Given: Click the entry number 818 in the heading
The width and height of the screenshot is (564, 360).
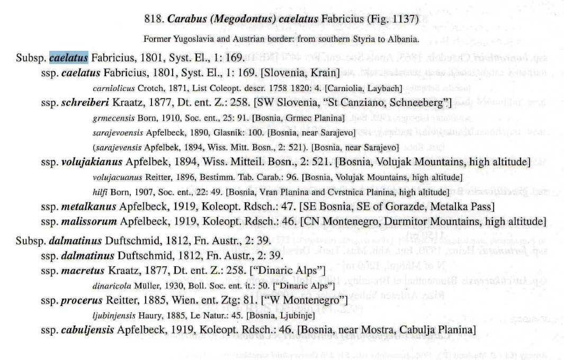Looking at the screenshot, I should [x=153, y=20].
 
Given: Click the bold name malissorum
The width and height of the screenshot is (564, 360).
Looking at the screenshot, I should [x=88, y=220].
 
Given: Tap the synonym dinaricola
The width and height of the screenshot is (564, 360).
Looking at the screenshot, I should [x=111, y=285].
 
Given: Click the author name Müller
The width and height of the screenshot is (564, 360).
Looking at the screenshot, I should [x=146, y=285].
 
